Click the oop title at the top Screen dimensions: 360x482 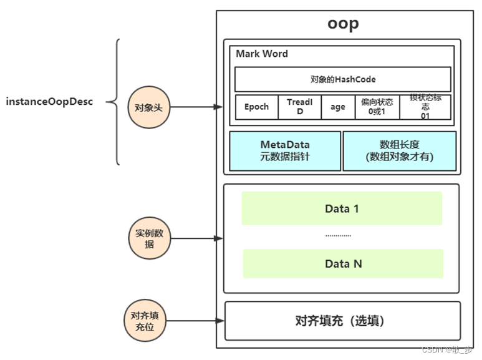coord(343,23)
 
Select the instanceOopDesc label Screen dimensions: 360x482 coord(49,102)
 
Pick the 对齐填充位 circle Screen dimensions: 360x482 coord(143,321)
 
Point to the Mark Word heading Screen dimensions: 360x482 coord(262,54)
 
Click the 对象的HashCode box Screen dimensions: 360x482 coord(342,80)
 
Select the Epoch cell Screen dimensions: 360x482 coord(256,107)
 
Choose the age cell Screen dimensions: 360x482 coord(338,107)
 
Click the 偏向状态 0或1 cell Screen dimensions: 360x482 coord(377,107)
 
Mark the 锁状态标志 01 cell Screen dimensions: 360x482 coord(425,107)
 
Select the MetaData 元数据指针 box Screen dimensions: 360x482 coord(285,150)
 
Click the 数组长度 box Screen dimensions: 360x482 coord(399,150)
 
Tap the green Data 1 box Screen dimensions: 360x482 coord(342,208)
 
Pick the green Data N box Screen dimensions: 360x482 coord(343,264)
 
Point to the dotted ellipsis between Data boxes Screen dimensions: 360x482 coord(338,236)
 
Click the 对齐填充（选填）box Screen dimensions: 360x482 coord(342,321)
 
